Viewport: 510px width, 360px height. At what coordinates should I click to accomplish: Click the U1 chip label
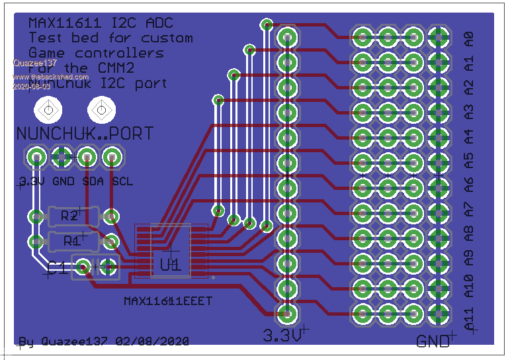point(170,265)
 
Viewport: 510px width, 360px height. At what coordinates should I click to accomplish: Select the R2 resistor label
point(69,216)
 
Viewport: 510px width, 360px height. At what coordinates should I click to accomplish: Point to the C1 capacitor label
point(57,268)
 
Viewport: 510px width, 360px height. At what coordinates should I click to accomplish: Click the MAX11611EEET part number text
point(168,301)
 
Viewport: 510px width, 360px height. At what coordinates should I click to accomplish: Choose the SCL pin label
point(122,181)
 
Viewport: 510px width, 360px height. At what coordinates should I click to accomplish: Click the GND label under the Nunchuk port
point(64,181)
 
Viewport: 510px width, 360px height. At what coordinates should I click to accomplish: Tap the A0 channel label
point(469,38)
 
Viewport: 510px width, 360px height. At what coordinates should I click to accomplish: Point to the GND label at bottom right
point(433,341)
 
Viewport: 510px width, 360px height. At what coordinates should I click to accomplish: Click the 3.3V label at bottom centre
point(282,334)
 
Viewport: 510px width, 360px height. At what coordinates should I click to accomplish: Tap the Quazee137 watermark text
point(35,64)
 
